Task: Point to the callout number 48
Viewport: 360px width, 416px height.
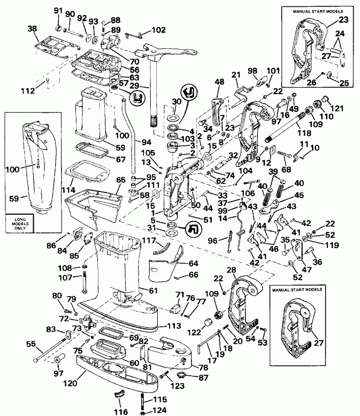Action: coord(219,82)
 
